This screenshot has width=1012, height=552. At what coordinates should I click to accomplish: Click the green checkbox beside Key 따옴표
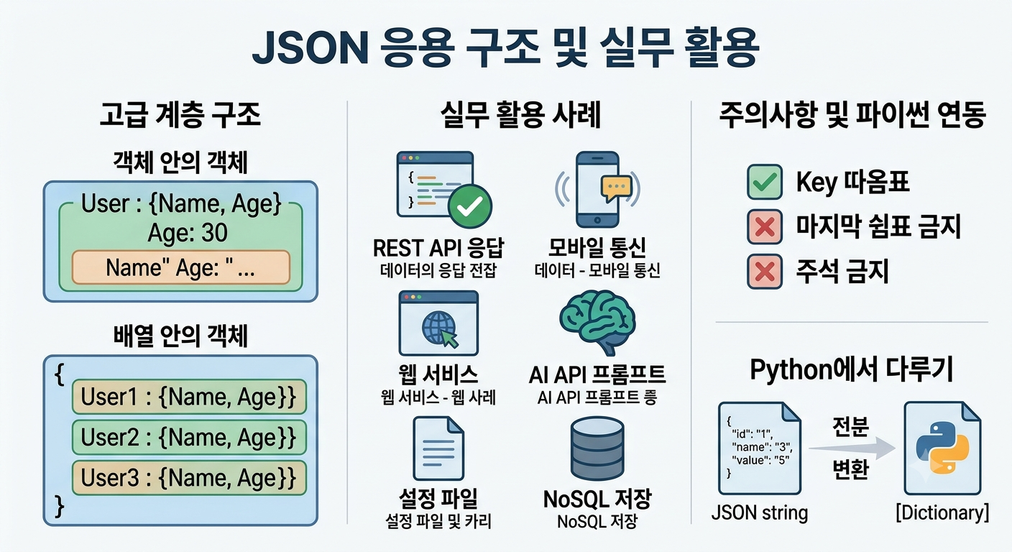point(765,182)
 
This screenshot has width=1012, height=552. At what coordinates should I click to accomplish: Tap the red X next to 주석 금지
point(765,272)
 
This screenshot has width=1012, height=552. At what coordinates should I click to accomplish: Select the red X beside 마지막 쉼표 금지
point(765,226)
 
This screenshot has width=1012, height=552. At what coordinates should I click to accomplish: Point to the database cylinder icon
point(597,448)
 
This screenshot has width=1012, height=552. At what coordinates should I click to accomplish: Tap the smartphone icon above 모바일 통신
point(597,189)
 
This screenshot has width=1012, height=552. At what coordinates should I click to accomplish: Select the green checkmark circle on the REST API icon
point(470,206)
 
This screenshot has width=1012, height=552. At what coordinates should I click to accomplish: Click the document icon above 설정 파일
point(438,448)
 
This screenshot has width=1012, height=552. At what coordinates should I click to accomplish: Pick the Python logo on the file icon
point(942,448)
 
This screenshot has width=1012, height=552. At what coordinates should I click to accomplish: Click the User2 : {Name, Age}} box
point(189,437)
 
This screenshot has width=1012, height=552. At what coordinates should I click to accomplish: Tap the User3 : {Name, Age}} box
point(189,478)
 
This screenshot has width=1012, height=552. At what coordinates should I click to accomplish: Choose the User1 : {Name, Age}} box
point(189,397)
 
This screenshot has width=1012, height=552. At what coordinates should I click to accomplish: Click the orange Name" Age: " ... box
point(180,267)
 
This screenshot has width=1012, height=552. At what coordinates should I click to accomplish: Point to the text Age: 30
point(188,233)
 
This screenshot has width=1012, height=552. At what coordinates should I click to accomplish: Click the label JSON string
point(760,513)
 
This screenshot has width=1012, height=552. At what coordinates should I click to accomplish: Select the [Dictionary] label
point(942,513)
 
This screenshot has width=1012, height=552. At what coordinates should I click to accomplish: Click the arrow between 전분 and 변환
point(852,448)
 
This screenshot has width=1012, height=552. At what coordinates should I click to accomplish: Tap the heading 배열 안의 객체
point(180,336)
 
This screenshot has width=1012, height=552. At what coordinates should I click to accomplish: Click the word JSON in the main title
point(310,48)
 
